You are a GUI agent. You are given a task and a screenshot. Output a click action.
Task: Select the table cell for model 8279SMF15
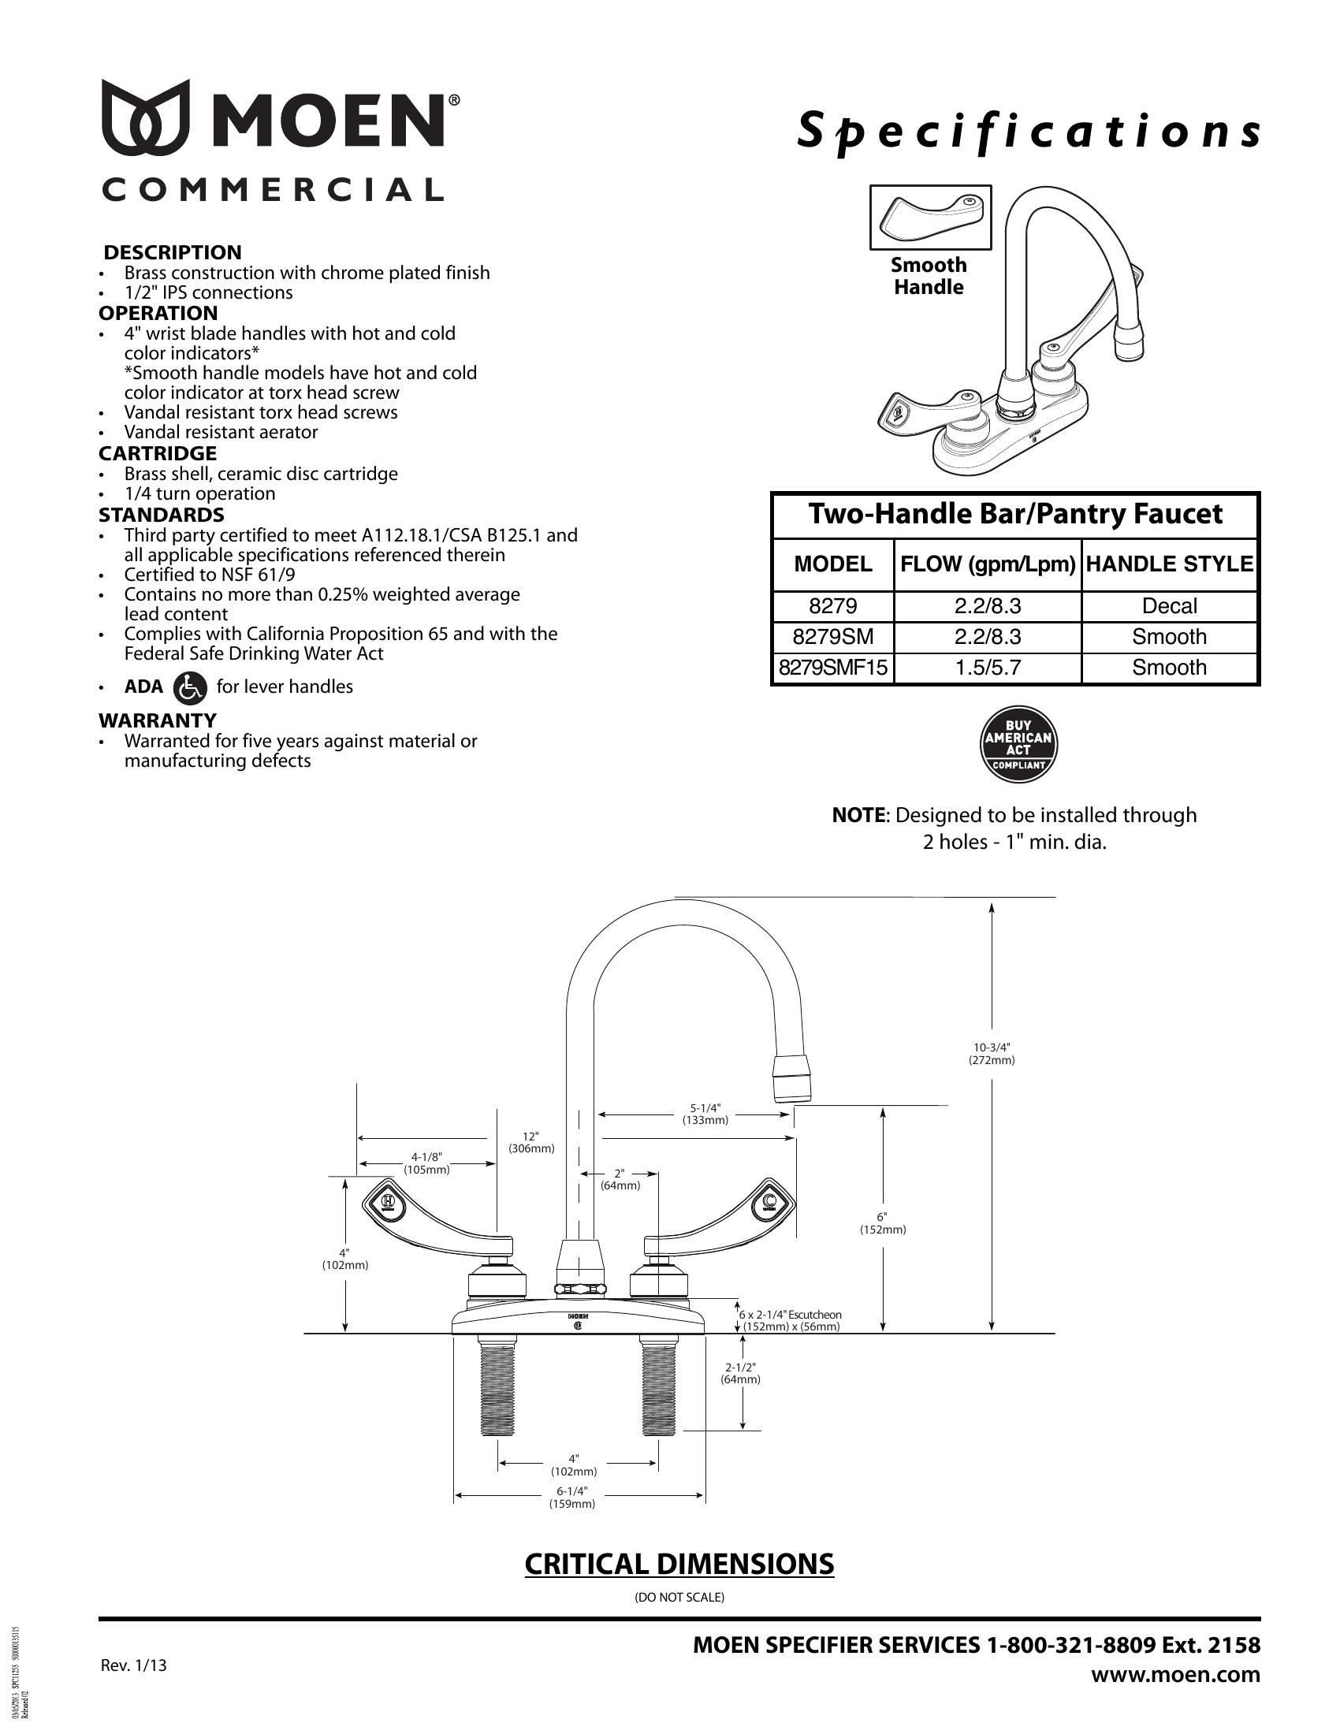tap(832, 668)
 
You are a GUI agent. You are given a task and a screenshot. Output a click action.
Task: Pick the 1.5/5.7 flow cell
tap(988, 668)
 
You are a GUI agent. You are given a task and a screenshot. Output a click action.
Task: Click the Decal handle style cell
tap(1169, 607)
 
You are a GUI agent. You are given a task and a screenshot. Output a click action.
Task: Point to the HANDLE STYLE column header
tap(1169, 564)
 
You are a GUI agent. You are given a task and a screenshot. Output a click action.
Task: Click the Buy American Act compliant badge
tap(1018, 746)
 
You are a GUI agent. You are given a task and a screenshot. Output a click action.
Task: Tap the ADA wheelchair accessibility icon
tap(190, 687)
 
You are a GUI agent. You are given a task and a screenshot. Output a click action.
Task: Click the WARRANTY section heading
tap(157, 720)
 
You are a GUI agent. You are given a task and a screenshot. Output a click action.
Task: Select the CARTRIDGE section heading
tap(157, 453)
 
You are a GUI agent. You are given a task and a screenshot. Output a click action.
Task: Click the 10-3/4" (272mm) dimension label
tap(992, 1054)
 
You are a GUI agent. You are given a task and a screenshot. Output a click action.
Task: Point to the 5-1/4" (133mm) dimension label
tap(705, 1114)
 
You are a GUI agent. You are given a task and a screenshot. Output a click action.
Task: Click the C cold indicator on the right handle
tap(769, 1200)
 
